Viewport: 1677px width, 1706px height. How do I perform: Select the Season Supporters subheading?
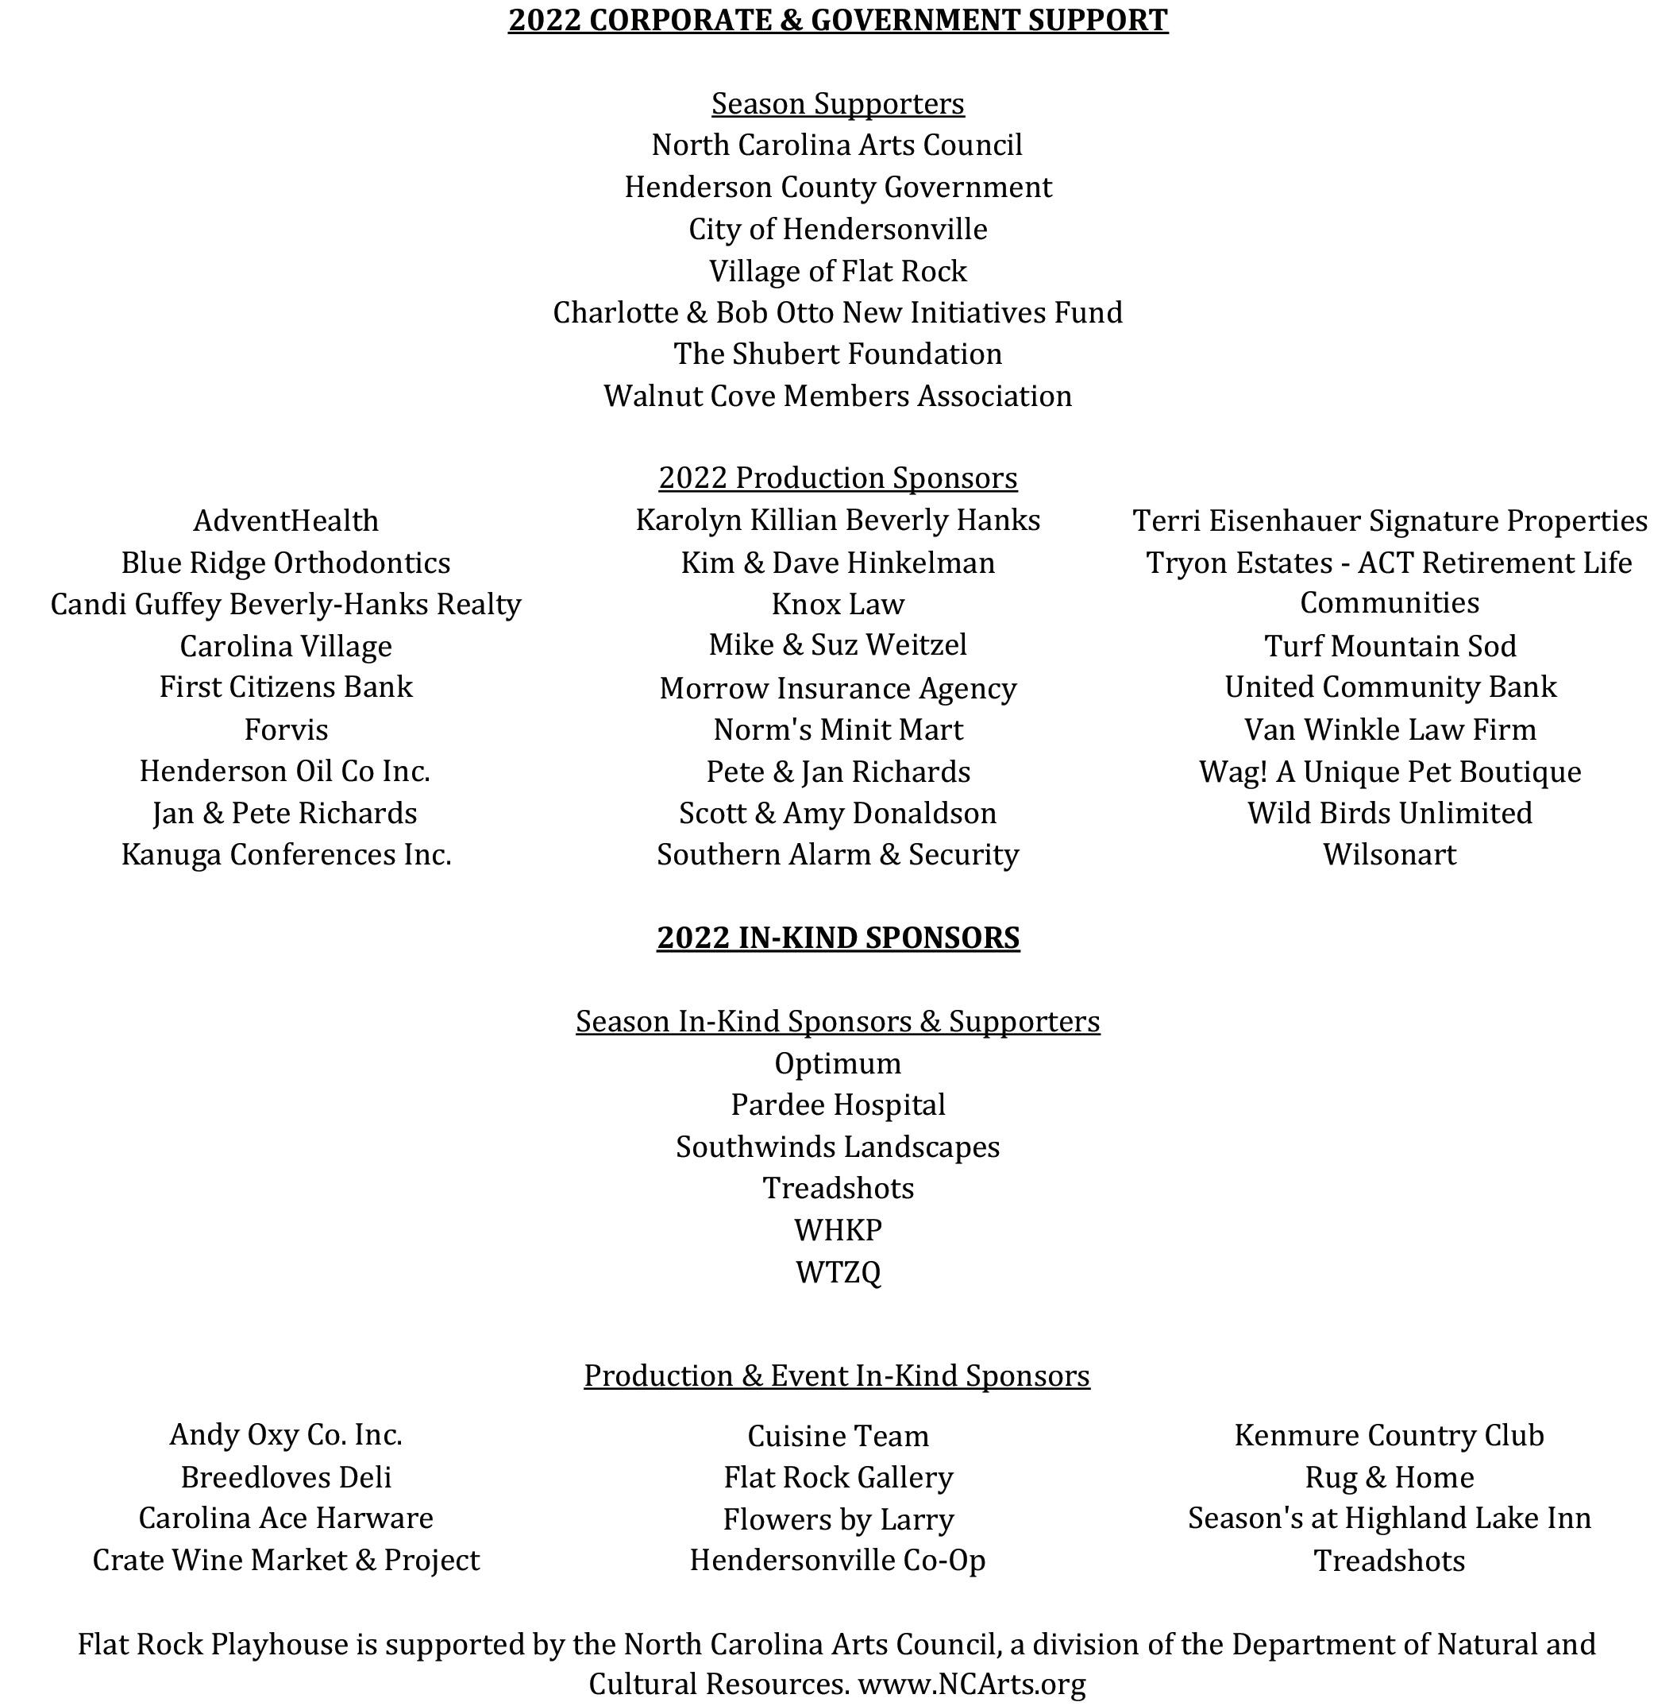838,103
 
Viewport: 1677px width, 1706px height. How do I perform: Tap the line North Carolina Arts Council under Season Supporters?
837,145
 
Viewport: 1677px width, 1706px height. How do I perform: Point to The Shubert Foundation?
838,354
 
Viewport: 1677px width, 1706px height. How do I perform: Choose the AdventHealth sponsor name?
287,520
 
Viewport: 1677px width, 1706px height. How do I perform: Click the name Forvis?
287,729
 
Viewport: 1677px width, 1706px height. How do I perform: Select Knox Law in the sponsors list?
838,604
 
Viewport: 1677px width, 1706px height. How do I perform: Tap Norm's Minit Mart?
838,729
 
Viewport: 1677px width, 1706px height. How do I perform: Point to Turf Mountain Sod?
1390,646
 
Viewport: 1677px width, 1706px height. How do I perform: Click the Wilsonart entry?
1390,854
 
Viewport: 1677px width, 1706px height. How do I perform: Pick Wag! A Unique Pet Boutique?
1390,771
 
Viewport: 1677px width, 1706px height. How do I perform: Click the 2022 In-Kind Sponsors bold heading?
838,937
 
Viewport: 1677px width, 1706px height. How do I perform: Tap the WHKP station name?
838,1229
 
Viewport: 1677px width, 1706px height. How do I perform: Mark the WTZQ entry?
838,1271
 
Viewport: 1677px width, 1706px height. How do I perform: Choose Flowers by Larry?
838,1519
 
